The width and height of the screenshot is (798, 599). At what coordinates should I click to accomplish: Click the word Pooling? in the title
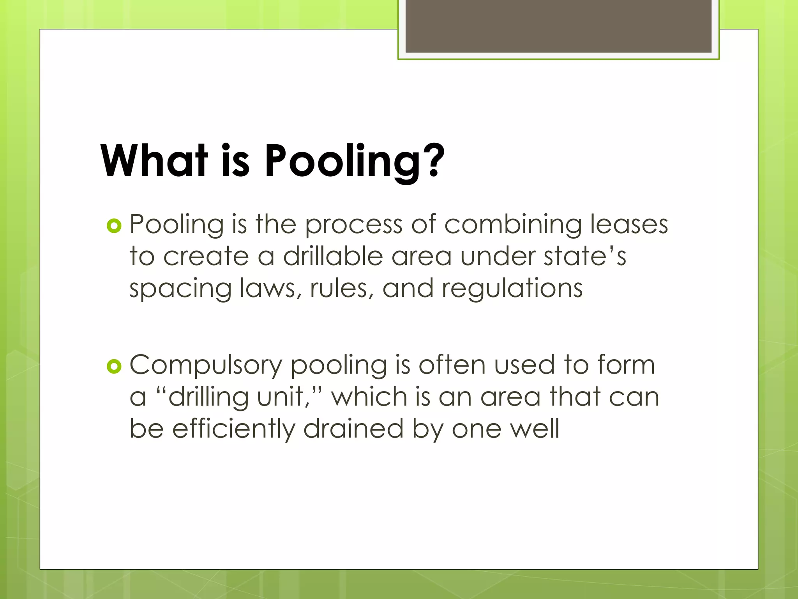(x=355, y=161)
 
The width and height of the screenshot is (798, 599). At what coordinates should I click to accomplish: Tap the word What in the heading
(x=154, y=161)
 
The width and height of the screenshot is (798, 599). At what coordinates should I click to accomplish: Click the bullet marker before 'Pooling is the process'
(x=114, y=226)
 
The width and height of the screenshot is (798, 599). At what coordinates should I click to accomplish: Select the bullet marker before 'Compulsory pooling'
(x=114, y=367)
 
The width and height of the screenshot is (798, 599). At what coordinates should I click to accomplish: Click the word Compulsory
(x=206, y=366)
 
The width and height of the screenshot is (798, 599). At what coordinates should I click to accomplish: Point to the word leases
(x=629, y=225)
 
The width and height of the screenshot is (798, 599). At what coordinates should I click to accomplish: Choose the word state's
(x=585, y=257)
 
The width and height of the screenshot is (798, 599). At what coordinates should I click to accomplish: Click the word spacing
(x=180, y=289)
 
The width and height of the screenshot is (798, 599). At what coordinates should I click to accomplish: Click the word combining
(x=513, y=225)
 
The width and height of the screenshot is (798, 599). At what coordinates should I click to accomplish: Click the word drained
(x=353, y=429)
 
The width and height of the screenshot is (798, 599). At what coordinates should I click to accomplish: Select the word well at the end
(x=535, y=429)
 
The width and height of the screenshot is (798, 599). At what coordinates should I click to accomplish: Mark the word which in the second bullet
(x=369, y=397)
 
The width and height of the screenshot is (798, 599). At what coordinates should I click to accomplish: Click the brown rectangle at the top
(x=558, y=26)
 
